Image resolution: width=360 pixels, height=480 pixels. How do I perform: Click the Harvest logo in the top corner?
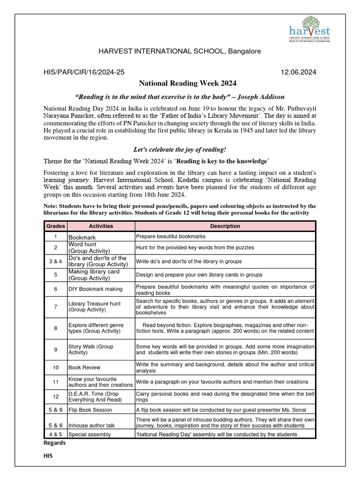pos(309,29)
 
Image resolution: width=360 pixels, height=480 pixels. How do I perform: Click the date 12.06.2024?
pos(298,72)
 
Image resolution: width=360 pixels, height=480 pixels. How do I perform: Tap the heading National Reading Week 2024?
pos(187,83)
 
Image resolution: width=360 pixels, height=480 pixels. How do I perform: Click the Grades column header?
pos(55,226)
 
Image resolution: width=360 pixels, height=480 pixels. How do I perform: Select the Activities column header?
pos(101,226)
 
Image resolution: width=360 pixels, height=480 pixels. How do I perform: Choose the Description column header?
pos(225,226)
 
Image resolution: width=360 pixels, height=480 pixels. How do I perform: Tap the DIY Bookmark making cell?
pos(95,289)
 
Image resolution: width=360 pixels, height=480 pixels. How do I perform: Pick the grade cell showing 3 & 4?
pos(55,261)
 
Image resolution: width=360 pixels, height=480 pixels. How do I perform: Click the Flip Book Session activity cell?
pos(90,410)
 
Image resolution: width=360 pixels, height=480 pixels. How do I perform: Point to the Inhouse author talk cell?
pos(91,426)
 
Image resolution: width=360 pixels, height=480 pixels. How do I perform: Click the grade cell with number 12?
pos(55,397)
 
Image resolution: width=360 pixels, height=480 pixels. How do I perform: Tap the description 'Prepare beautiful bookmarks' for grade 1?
pos(171,236)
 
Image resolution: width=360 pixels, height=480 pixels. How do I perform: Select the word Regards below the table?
pos(54,443)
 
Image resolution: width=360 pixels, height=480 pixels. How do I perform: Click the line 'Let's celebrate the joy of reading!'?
pos(180,150)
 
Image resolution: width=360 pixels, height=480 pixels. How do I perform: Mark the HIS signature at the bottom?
pos(49,456)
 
